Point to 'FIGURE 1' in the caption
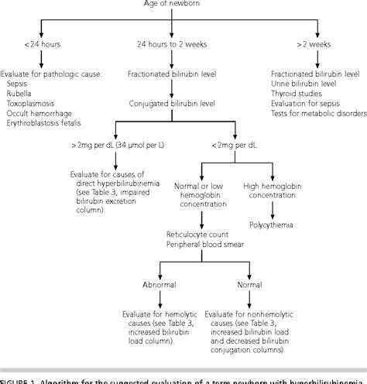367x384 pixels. pyautogui.click(x=23, y=379)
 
